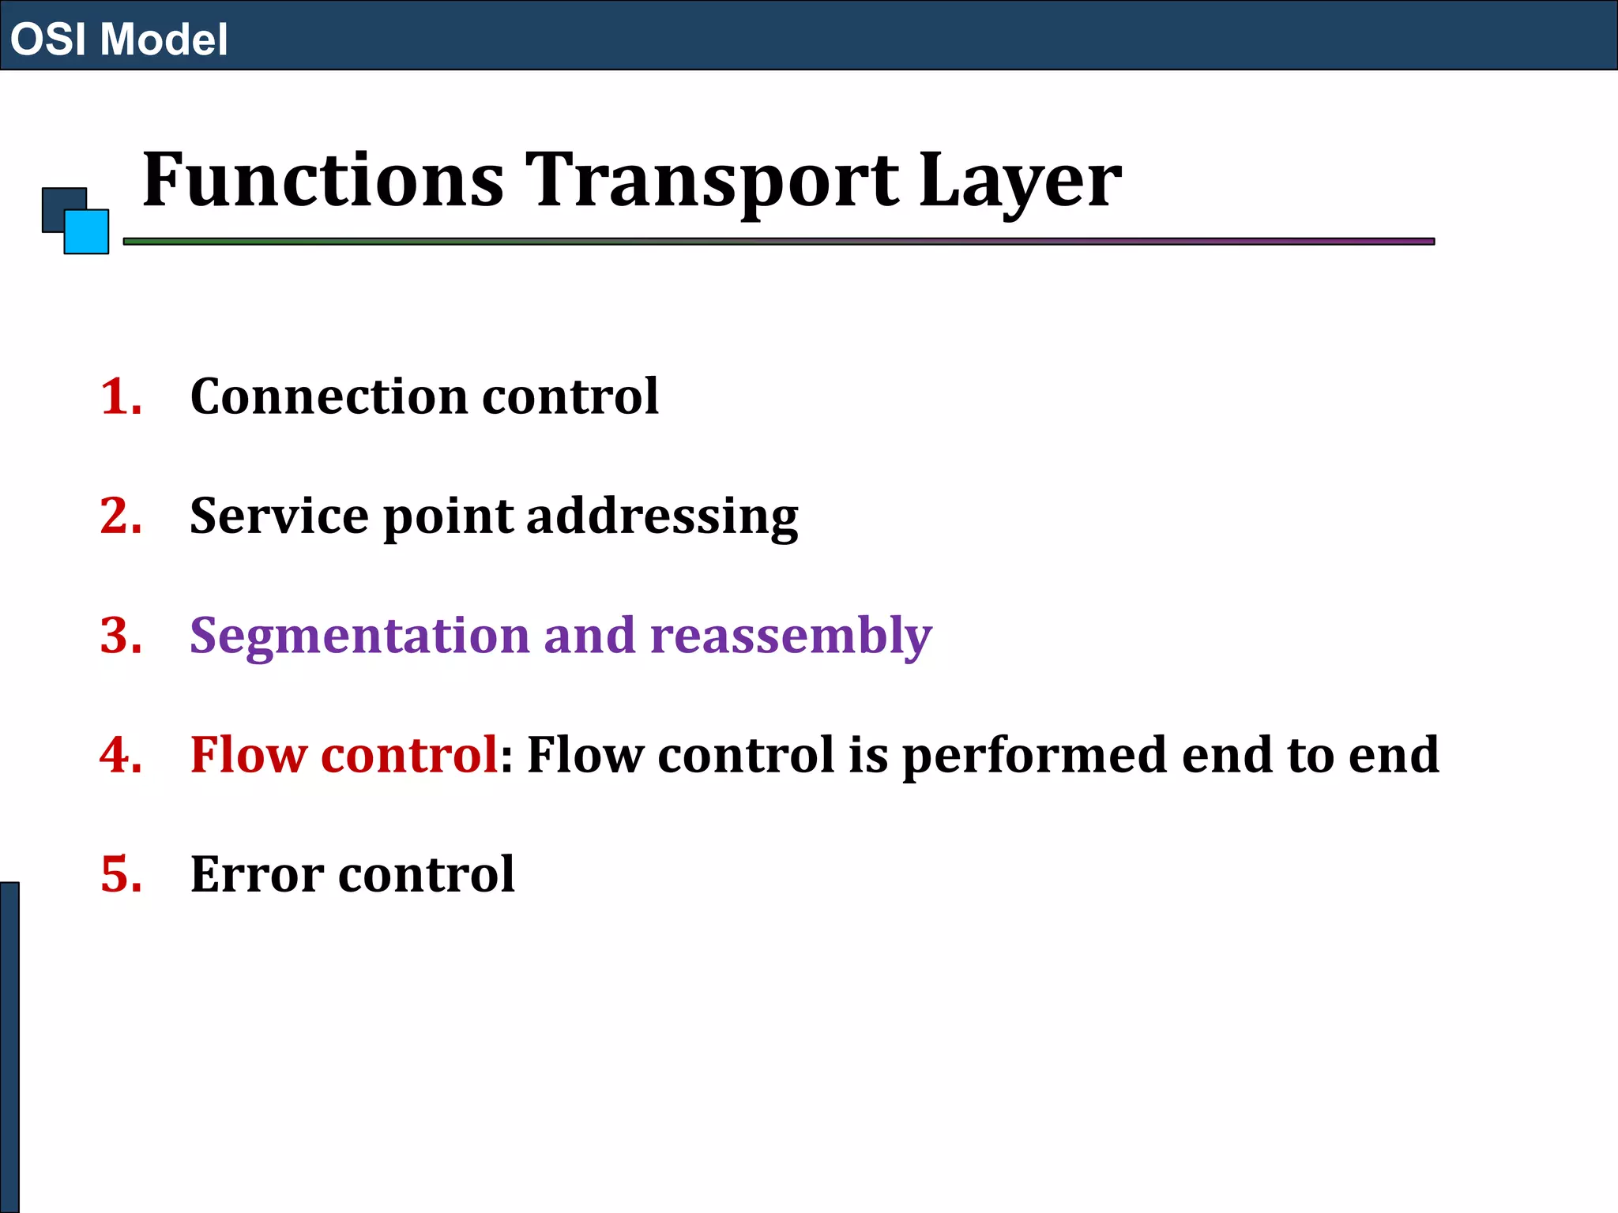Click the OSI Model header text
coord(119,39)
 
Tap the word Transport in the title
coord(712,182)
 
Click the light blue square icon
coord(87,232)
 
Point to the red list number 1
coord(120,396)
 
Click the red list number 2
coord(120,516)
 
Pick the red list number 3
coord(120,636)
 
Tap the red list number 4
coord(120,755)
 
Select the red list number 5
coord(120,875)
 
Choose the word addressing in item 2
coord(662,518)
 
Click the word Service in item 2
coord(279,516)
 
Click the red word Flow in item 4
coord(247,755)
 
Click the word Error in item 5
coord(257,875)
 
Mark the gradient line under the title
coord(778,242)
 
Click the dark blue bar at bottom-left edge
coord(9,1047)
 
